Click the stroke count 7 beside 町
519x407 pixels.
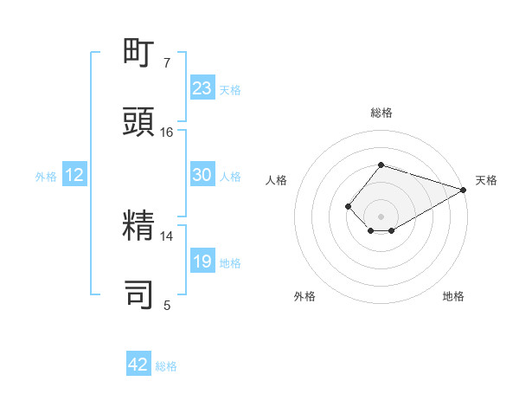coord(167,63)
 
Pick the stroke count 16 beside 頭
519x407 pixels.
coord(167,132)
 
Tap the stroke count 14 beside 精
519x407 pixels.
coord(167,236)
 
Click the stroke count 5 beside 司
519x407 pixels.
coord(167,305)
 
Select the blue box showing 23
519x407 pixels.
coord(202,88)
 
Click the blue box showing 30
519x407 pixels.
coord(202,175)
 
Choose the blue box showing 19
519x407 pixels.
coord(202,262)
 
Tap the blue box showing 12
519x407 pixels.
coord(74,175)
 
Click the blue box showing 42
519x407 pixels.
coord(138,365)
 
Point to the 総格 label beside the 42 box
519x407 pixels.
coord(166,366)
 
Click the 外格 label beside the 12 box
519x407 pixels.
coord(46,177)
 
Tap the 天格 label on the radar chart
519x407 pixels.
coord(486,180)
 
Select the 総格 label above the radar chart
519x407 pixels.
coord(381,113)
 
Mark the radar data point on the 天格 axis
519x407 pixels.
coord(465,190)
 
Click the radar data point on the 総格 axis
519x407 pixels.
coord(381,165)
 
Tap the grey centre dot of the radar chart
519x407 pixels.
coord(381,216)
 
